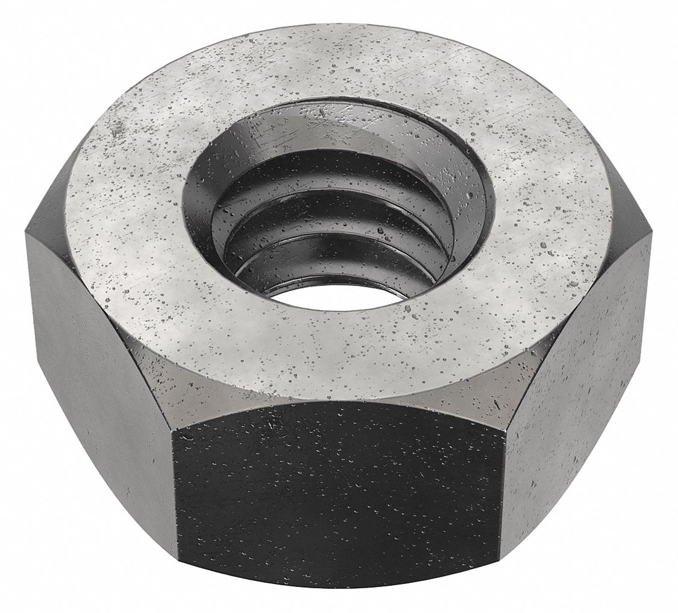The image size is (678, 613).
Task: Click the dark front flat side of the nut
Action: [337, 495]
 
